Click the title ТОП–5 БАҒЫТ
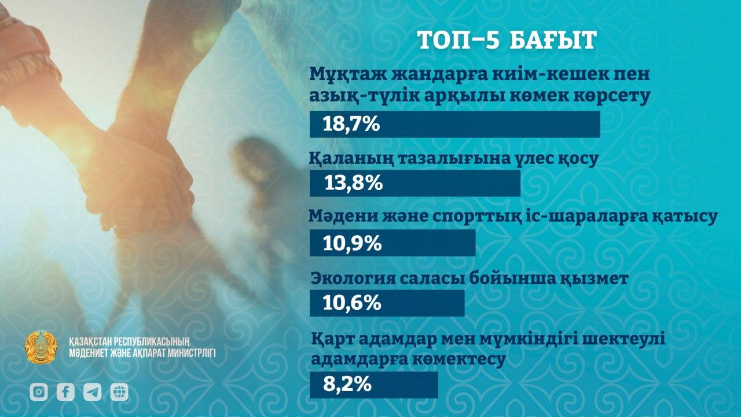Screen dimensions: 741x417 tap(507, 40)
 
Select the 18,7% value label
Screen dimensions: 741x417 tap(351, 125)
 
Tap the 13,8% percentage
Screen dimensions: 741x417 tap(353, 184)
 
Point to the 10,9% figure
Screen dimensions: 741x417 tap(353, 243)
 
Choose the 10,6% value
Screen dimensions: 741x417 tap(351, 303)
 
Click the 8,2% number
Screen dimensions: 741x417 tap(347, 385)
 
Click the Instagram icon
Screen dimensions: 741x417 tap(39, 392)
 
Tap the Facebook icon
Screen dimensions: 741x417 tap(65, 392)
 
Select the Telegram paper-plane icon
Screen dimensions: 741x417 tap(92, 392)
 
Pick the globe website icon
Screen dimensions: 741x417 tap(119, 392)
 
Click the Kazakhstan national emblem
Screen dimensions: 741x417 tap(41, 347)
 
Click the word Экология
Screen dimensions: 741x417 tap(353, 279)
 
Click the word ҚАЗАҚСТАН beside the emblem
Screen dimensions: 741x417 tap(90, 341)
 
